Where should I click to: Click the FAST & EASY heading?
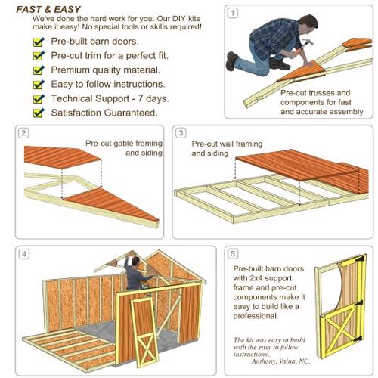pyautogui.click(x=48, y=9)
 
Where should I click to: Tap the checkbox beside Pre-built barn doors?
pyautogui.click(x=39, y=42)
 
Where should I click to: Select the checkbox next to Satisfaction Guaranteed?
pyautogui.click(x=39, y=113)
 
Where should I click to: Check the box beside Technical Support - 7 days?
pyautogui.click(x=39, y=98)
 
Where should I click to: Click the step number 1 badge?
pyautogui.click(x=233, y=13)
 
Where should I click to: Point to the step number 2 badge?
pyautogui.click(x=23, y=133)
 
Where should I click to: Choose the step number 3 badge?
pyautogui.click(x=181, y=133)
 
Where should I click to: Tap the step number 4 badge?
pyautogui.click(x=24, y=254)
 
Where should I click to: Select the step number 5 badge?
pyautogui.click(x=233, y=254)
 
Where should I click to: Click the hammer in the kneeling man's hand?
pyautogui.click(x=306, y=44)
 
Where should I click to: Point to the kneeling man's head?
pyautogui.click(x=308, y=23)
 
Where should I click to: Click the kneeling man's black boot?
pyautogui.click(x=231, y=60)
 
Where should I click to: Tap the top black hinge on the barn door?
pyautogui.click(x=360, y=259)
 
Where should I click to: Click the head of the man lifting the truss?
pyautogui.click(x=135, y=261)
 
